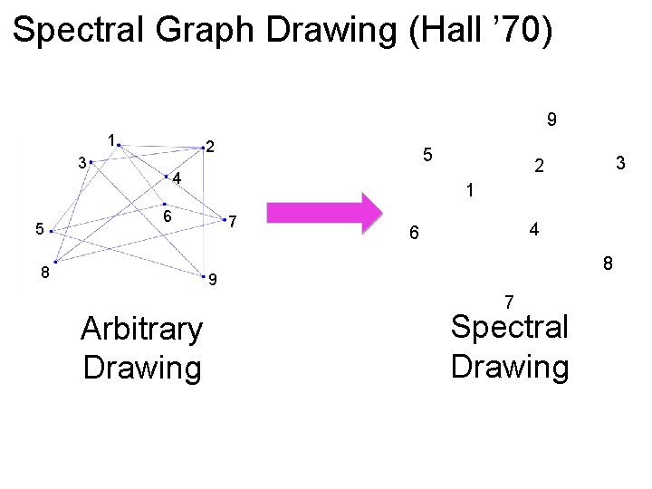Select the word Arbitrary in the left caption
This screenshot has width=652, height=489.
point(141,329)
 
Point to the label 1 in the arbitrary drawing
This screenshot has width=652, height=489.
point(110,140)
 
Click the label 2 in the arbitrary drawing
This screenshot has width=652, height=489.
point(209,147)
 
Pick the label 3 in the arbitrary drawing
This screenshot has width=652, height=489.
point(82,164)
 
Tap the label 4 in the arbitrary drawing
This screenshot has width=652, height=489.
point(177,179)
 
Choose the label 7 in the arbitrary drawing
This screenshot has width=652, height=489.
point(233,222)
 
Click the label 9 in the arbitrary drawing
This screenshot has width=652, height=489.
point(212,280)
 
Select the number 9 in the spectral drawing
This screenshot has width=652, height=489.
point(551,120)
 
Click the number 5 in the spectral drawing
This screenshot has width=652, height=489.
point(429,155)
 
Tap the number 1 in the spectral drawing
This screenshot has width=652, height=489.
point(469,191)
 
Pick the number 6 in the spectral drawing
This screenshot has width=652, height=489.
point(413,234)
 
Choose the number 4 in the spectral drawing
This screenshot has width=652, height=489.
point(534,230)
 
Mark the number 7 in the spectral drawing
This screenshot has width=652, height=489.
point(509,301)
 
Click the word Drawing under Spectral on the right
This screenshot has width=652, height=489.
point(510,367)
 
